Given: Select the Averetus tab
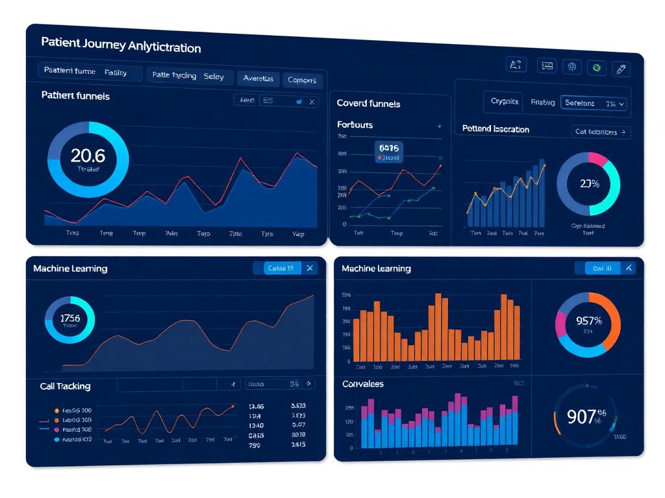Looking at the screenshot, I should pyautogui.click(x=258, y=78).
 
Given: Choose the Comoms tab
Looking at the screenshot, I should pyautogui.click(x=301, y=80).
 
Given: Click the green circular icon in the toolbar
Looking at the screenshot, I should pyautogui.click(x=596, y=67).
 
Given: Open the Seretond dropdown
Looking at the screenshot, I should pyautogui.click(x=594, y=103).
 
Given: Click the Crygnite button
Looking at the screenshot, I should pyautogui.click(x=505, y=101).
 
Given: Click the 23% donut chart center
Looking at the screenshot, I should pyautogui.click(x=589, y=184).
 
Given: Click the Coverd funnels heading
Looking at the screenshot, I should pyautogui.click(x=368, y=103).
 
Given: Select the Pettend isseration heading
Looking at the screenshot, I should pyautogui.click(x=496, y=129).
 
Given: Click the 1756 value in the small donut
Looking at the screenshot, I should pyautogui.click(x=69, y=318).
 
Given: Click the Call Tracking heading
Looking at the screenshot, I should pyautogui.click(x=65, y=386).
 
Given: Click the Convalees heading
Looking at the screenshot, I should pyautogui.click(x=362, y=384).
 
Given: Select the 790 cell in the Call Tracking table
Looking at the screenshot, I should pyautogui.click(x=255, y=445).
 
